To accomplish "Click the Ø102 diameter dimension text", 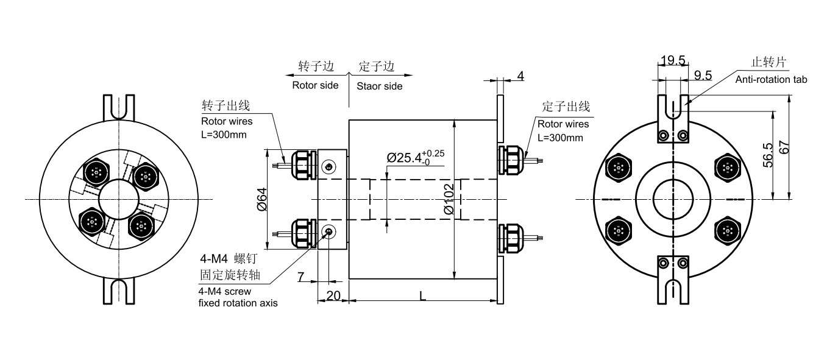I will pos(449,199).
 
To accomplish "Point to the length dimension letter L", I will pos(422,295).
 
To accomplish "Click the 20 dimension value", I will pos(333,295).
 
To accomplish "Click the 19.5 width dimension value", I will pos(673,60).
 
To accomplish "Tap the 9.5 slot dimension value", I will pos(703,75).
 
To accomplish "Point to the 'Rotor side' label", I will pos(315,85).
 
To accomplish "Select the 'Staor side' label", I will pos(380,86).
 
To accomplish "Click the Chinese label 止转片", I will pos(768,62).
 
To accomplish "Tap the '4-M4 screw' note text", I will pos(225,291).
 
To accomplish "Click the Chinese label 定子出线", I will pos(566,107).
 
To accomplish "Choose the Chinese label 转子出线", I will pos(225,105).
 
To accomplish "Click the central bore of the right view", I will pos(673,199).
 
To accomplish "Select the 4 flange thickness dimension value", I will pos(520,76).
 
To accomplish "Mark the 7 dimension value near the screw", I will pos(301,278).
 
